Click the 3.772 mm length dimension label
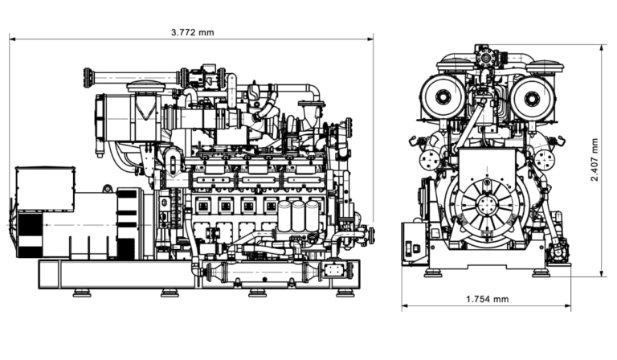(x=193, y=32)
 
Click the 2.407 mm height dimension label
(x=595, y=159)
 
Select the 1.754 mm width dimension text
(x=487, y=299)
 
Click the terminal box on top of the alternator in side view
(x=45, y=178)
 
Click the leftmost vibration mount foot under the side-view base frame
(x=81, y=292)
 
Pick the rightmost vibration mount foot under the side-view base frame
(x=345, y=292)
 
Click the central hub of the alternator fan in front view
(x=486, y=204)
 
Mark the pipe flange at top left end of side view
(x=88, y=78)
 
